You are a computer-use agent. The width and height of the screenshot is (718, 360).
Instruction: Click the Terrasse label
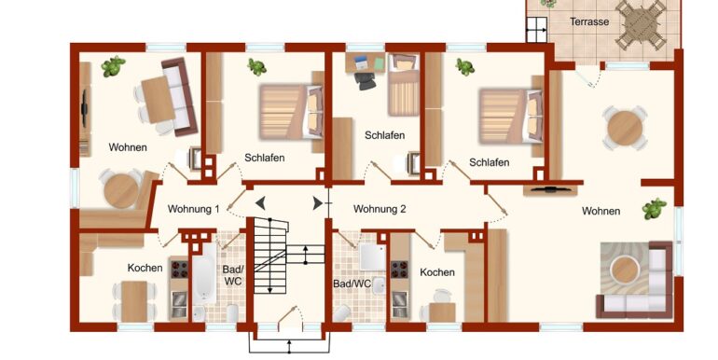(x=589, y=21)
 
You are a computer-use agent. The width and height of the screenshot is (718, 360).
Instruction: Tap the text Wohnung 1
(x=193, y=209)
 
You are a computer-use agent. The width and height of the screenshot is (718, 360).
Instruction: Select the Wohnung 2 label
(x=380, y=209)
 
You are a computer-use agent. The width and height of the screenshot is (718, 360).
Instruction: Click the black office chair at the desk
(x=365, y=81)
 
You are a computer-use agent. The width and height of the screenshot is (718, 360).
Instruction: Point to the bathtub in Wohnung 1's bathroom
(x=204, y=273)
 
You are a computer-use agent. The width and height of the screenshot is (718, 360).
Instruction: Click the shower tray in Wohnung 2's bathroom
(x=373, y=257)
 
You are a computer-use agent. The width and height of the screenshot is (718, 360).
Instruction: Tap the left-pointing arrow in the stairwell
(x=260, y=203)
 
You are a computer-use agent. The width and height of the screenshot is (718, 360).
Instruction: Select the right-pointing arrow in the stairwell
(x=317, y=203)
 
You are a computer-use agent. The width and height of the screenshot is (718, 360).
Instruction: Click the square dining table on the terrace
(x=641, y=25)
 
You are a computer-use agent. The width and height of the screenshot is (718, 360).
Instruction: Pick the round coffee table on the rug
(x=625, y=270)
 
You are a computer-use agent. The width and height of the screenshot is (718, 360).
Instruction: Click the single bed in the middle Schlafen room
(x=404, y=85)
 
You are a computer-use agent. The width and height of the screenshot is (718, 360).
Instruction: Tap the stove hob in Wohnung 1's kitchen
(x=179, y=270)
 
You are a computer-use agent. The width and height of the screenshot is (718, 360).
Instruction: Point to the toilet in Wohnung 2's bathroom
(x=341, y=313)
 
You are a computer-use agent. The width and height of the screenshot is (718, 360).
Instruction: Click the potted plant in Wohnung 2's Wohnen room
(x=654, y=209)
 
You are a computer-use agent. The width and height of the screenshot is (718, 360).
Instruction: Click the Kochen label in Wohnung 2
(x=437, y=272)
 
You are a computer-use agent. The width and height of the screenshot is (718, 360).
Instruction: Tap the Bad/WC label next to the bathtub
(x=232, y=275)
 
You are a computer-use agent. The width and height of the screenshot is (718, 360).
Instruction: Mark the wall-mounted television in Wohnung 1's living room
(x=84, y=108)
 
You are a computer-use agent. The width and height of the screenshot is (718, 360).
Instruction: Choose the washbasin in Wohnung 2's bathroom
(x=379, y=285)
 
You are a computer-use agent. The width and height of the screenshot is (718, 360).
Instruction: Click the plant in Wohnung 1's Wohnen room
(x=113, y=66)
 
